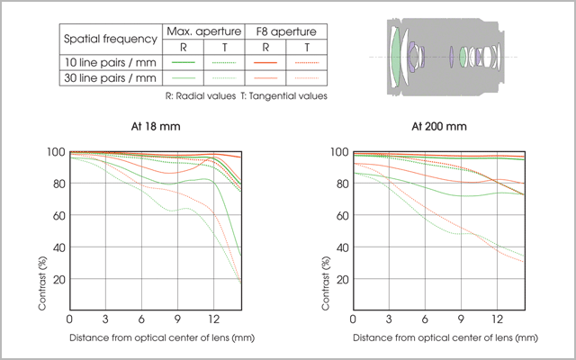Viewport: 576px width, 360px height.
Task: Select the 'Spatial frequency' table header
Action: click(x=109, y=40)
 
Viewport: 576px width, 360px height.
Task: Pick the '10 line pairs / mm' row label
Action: click(x=109, y=62)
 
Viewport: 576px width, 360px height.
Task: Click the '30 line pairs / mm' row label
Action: click(x=109, y=78)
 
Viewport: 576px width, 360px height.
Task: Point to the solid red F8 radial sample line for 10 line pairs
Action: click(x=265, y=62)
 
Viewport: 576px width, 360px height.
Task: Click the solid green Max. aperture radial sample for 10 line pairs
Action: click(x=184, y=62)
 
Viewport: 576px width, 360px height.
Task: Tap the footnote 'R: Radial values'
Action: click(x=200, y=95)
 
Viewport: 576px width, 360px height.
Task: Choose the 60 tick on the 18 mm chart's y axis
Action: click(x=57, y=216)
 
